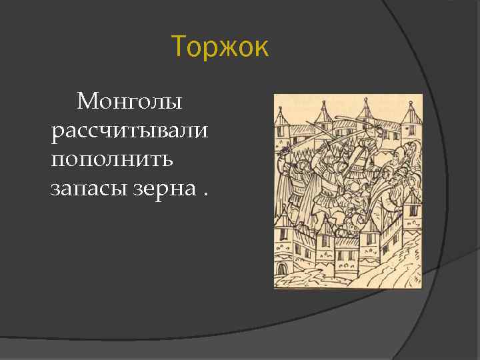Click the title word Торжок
point(220,48)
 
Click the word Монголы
point(129,102)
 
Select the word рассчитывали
point(129,131)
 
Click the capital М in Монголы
point(87,102)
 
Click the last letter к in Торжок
point(261,49)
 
